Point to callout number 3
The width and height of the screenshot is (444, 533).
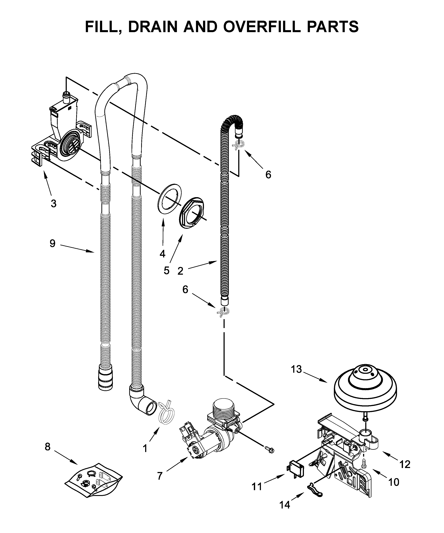tap(53, 203)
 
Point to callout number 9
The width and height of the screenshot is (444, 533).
tap(52, 244)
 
